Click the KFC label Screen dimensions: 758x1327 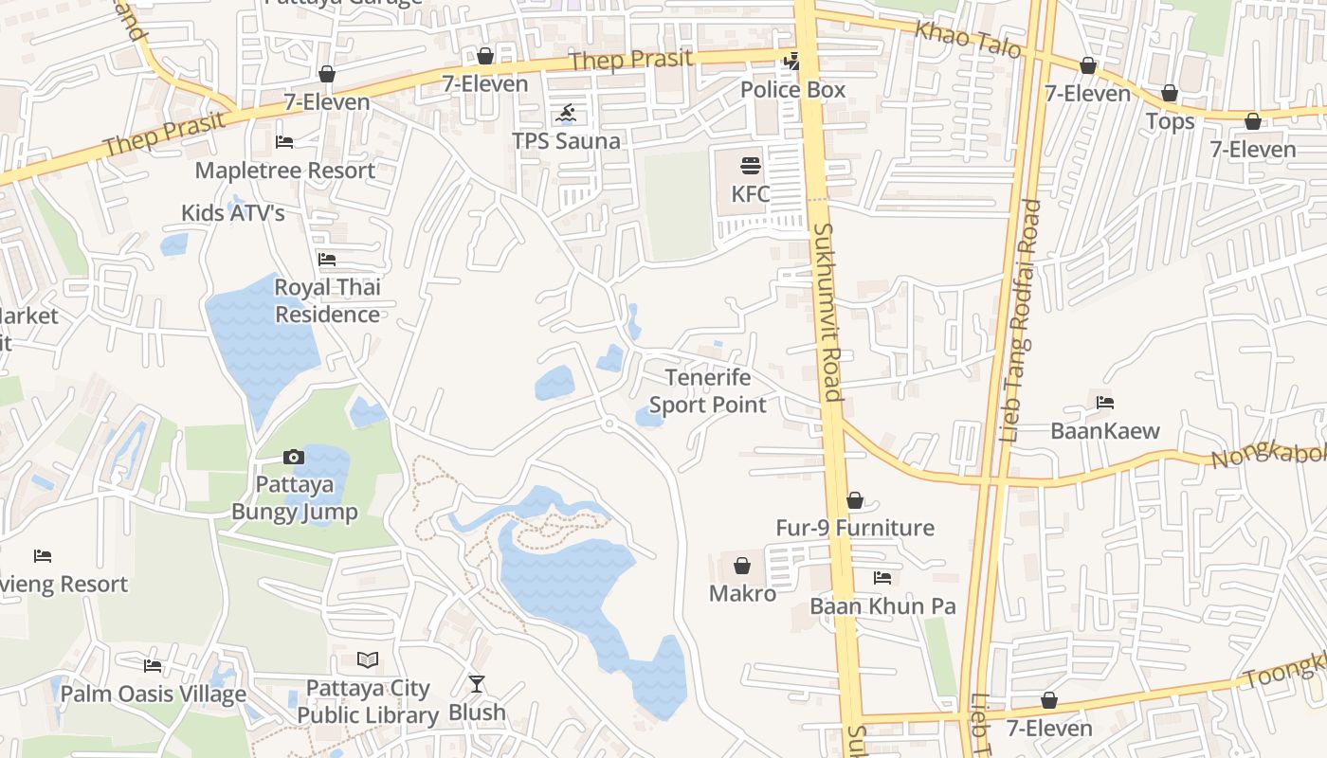coord(750,194)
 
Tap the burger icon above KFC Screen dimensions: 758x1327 coord(751,167)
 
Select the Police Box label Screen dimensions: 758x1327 coord(792,90)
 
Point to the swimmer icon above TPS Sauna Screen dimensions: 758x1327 coord(566,116)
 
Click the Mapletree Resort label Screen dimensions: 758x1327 coord(285,171)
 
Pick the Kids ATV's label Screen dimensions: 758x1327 coord(233,213)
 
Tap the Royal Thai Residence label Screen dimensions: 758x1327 coord(327,300)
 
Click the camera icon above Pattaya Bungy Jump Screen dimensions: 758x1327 coord(294,458)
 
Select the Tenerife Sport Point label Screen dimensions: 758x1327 coord(708,391)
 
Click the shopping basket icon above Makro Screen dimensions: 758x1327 coord(742,567)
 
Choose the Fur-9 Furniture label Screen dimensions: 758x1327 coord(855,528)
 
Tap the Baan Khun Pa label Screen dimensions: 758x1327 coord(882,606)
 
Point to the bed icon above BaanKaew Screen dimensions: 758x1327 coord(1105,403)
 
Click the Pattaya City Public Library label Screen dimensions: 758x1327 coord(368,701)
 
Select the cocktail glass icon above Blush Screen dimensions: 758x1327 coord(477,683)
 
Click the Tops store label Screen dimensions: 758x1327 coord(1170,121)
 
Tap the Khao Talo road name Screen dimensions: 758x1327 coord(967,39)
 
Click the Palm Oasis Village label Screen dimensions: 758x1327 coord(154,694)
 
